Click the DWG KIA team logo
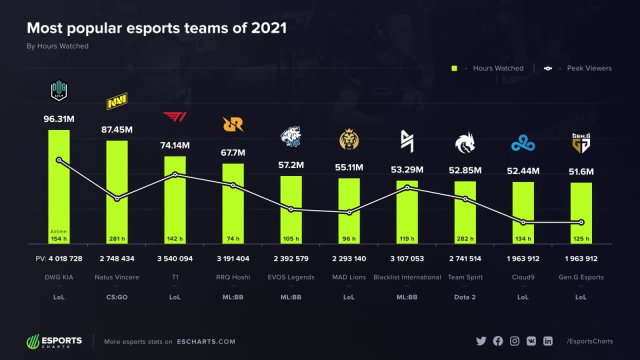[x=59, y=91]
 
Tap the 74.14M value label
[x=175, y=145]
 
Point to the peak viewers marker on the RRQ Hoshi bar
[x=233, y=185]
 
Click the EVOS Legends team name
[x=291, y=277]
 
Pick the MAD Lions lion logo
[x=349, y=139]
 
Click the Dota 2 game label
[x=464, y=297]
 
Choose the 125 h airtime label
[x=581, y=238]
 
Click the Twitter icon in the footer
[x=481, y=341]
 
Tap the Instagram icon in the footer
[x=514, y=341]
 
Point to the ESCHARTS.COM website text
[x=206, y=341]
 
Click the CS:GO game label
[x=117, y=297]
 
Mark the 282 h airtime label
[x=465, y=238]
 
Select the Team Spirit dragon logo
[x=465, y=142]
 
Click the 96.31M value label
[x=59, y=119]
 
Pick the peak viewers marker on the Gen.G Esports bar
[x=581, y=222]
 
